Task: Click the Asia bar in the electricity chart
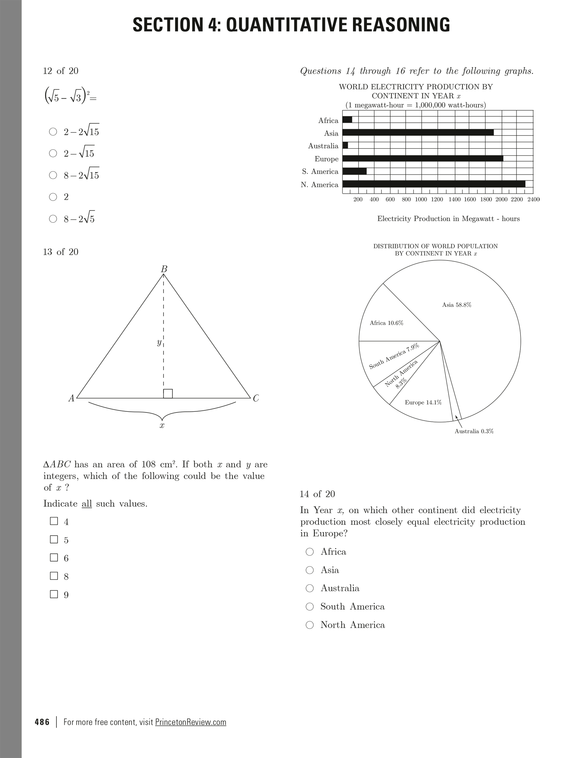(418, 132)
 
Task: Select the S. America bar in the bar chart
(354, 171)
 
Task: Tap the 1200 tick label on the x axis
(437, 200)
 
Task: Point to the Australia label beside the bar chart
(323, 146)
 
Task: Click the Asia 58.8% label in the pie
(456, 305)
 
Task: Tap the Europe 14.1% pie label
(423, 402)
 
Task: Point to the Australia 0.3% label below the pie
(474, 431)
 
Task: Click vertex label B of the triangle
(164, 269)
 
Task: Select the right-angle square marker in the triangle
(168, 394)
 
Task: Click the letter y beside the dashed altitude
(159, 343)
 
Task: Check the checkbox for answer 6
(54, 557)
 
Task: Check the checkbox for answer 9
(54, 594)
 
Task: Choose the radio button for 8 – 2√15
(53, 175)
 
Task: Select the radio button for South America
(310, 606)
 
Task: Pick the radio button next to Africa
(310, 552)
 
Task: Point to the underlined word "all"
(87, 504)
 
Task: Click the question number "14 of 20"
(317, 494)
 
